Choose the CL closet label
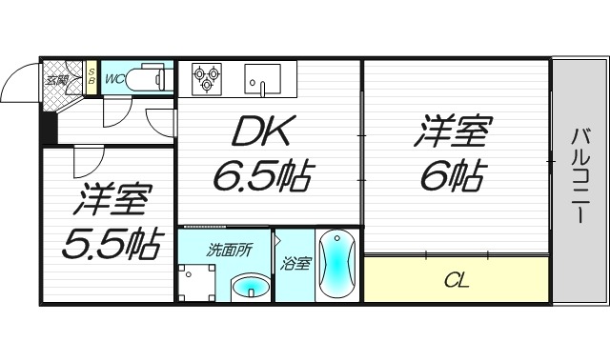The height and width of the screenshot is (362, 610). (x=456, y=280)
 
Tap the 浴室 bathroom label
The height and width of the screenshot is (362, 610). (x=294, y=264)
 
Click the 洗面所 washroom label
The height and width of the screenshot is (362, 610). (x=231, y=250)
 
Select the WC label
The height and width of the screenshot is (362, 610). (x=114, y=79)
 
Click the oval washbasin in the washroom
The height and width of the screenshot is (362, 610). (x=251, y=285)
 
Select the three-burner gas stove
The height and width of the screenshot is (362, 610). (x=206, y=77)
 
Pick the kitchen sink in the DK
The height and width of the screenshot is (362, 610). (x=260, y=78)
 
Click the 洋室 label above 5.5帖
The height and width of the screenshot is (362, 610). (x=111, y=202)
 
